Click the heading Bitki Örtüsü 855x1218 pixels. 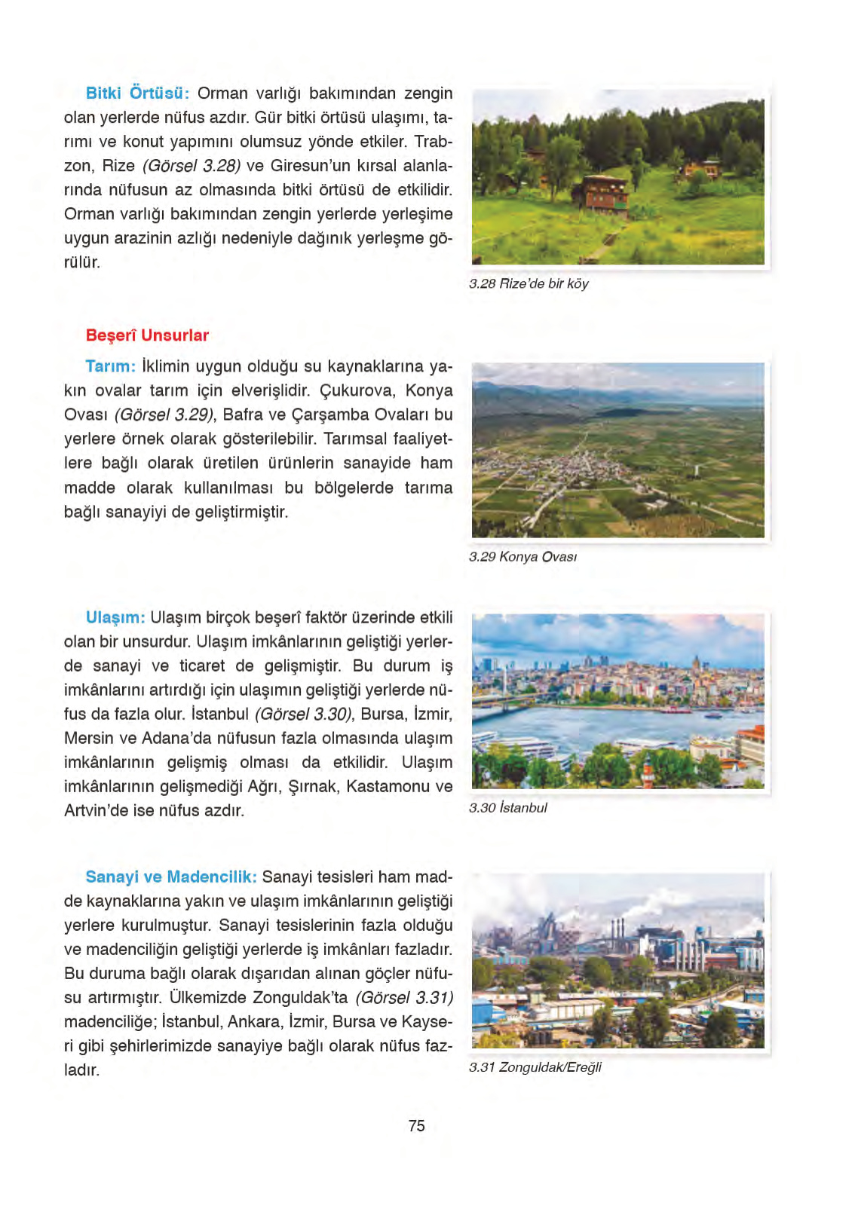[137, 93]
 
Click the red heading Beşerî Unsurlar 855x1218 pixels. [147, 335]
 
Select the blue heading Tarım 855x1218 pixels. [111, 367]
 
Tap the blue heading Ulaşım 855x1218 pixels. [115, 618]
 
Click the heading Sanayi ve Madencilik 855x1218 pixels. [171, 877]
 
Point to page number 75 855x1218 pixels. [416, 1126]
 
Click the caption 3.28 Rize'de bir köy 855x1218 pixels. [528, 284]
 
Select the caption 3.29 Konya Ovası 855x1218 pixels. [522, 557]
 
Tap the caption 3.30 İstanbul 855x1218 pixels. [507, 808]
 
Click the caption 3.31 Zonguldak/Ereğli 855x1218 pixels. [535, 1067]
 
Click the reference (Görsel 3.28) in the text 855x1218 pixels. [192, 166]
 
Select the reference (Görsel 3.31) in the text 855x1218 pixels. [404, 998]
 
